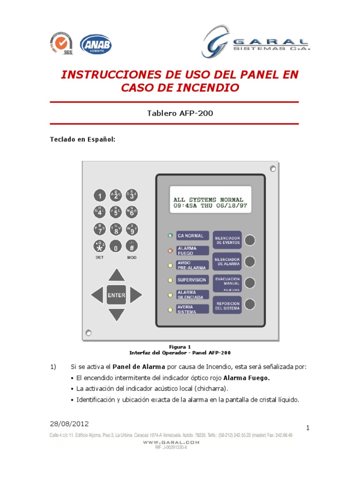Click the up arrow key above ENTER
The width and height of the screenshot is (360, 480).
click(116, 275)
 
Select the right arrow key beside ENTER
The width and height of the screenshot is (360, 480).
click(136, 295)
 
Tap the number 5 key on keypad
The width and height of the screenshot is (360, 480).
click(116, 212)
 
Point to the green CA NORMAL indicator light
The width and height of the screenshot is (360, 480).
click(170, 235)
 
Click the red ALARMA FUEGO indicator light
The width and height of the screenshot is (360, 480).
click(170, 250)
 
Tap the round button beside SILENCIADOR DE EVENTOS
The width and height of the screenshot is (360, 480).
click(250, 240)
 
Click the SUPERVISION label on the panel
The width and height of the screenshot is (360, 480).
click(192, 280)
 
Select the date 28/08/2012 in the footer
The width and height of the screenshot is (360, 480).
click(68, 423)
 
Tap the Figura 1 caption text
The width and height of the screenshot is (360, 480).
click(180, 347)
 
